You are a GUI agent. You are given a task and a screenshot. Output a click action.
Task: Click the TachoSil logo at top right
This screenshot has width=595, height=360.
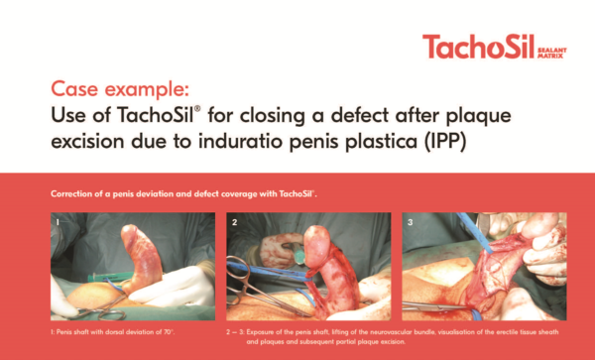(x=495, y=47)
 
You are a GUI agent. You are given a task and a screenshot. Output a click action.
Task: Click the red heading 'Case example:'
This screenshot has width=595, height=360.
(x=120, y=89)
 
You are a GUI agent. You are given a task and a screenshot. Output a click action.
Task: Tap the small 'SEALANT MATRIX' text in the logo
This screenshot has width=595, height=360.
(x=552, y=53)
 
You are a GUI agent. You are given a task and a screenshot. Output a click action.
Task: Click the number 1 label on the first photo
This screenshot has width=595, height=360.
(x=58, y=222)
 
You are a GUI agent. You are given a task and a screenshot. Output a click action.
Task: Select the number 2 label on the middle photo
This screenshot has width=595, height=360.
(x=234, y=222)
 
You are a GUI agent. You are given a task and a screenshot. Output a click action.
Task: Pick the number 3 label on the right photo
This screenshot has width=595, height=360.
(x=410, y=222)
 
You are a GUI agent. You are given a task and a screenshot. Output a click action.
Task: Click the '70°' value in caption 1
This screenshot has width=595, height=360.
(x=169, y=332)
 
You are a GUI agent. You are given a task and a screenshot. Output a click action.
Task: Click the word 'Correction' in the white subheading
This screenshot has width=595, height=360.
(x=66, y=193)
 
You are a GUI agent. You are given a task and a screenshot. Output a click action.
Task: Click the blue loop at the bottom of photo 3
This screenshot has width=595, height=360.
(x=475, y=314)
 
